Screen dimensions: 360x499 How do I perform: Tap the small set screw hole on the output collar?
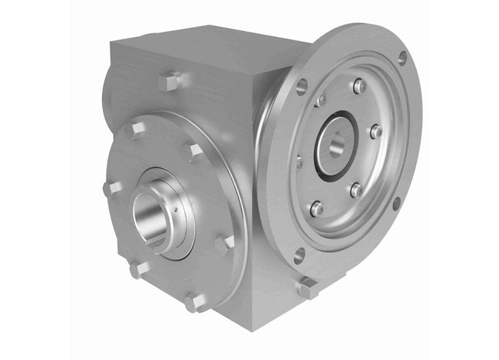(177, 207)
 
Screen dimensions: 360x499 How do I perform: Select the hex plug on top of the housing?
(170, 81)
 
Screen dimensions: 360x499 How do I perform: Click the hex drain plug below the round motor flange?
(307, 287)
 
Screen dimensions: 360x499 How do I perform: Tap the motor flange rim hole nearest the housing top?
(302, 86)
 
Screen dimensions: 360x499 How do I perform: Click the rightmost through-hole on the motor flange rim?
(396, 204)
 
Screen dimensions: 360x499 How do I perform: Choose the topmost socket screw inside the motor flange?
(359, 87)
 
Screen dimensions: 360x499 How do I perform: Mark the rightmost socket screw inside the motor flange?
(375, 132)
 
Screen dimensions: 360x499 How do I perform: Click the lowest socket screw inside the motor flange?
(316, 208)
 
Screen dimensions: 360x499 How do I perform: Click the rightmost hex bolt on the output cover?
(224, 245)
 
